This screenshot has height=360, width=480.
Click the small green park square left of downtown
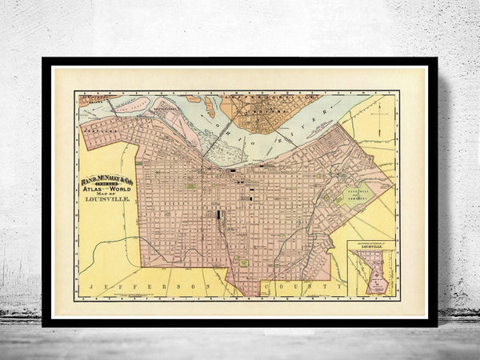coord(190,186)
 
